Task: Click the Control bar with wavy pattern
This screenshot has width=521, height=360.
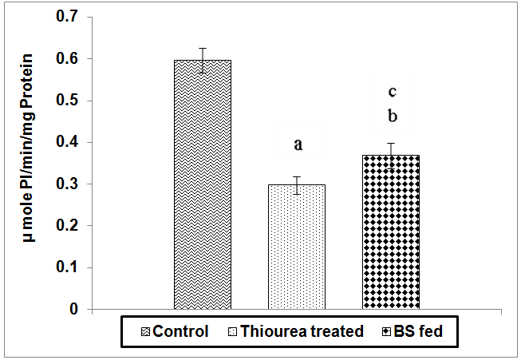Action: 203,184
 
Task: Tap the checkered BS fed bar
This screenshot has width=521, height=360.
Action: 391,231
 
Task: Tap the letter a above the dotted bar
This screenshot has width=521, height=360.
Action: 298,145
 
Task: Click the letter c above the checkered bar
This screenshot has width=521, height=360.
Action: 392,93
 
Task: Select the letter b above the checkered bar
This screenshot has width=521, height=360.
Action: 392,117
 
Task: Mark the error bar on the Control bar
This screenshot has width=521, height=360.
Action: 203,60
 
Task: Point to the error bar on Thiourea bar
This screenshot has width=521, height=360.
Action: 296,185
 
